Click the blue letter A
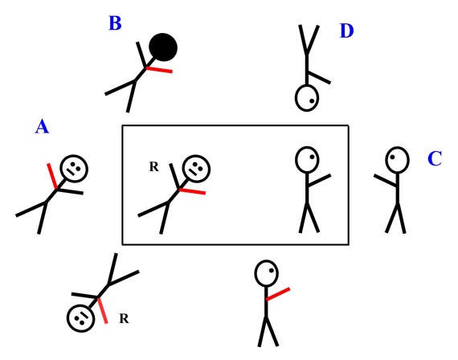click(42, 127)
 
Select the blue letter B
click(115, 23)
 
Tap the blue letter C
click(435, 158)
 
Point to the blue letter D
click(346, 31)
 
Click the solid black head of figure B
click(163, 47)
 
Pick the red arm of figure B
click(159, 70)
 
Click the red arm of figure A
click(52, 176)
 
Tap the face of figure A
click(74, 169)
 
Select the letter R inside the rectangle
click(154, 166)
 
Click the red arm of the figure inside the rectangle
click(193, 191)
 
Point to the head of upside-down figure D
click(307, 98)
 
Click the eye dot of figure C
click(392, 157)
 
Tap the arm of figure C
click(385, 180)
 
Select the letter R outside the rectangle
click(124, 318)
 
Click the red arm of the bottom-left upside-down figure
click(103, 310)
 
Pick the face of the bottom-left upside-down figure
click(80, 318)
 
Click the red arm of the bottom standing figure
click(278, 294)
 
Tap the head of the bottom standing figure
click(267, 273)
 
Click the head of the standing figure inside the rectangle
click(307, 160)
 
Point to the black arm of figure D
click(319, 77)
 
